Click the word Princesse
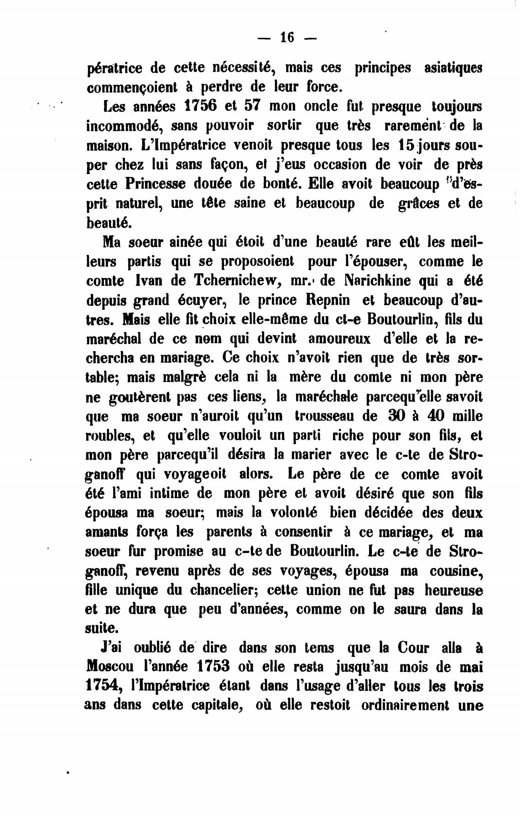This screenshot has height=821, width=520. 158,184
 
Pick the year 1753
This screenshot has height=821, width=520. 213,666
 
